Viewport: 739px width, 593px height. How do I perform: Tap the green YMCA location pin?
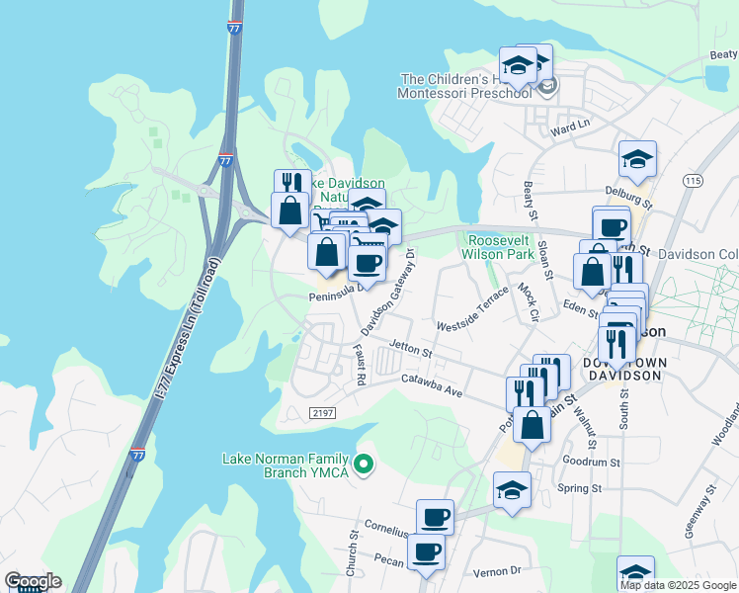[364, 463]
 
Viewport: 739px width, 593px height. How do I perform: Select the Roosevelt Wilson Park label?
[500, 247]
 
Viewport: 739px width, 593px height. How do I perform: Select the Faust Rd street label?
[361, 366]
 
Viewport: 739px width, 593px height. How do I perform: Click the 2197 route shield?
[322, 412]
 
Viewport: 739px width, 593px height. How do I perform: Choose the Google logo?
[33, 581]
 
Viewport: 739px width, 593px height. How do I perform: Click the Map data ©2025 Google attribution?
[679, 585]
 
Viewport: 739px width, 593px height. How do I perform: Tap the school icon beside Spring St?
[512, 490]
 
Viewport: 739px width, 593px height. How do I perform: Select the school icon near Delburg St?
[637, 159]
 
